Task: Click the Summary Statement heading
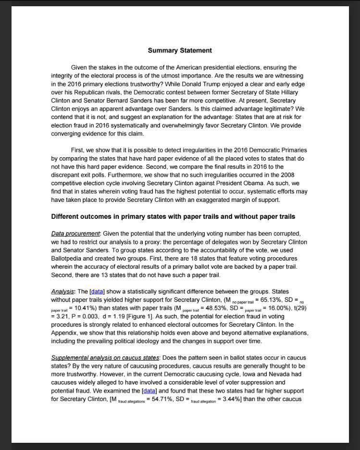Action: coord(180,50)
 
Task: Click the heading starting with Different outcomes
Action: coord(173,216)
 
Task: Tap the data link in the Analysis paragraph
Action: coord(97,291)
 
